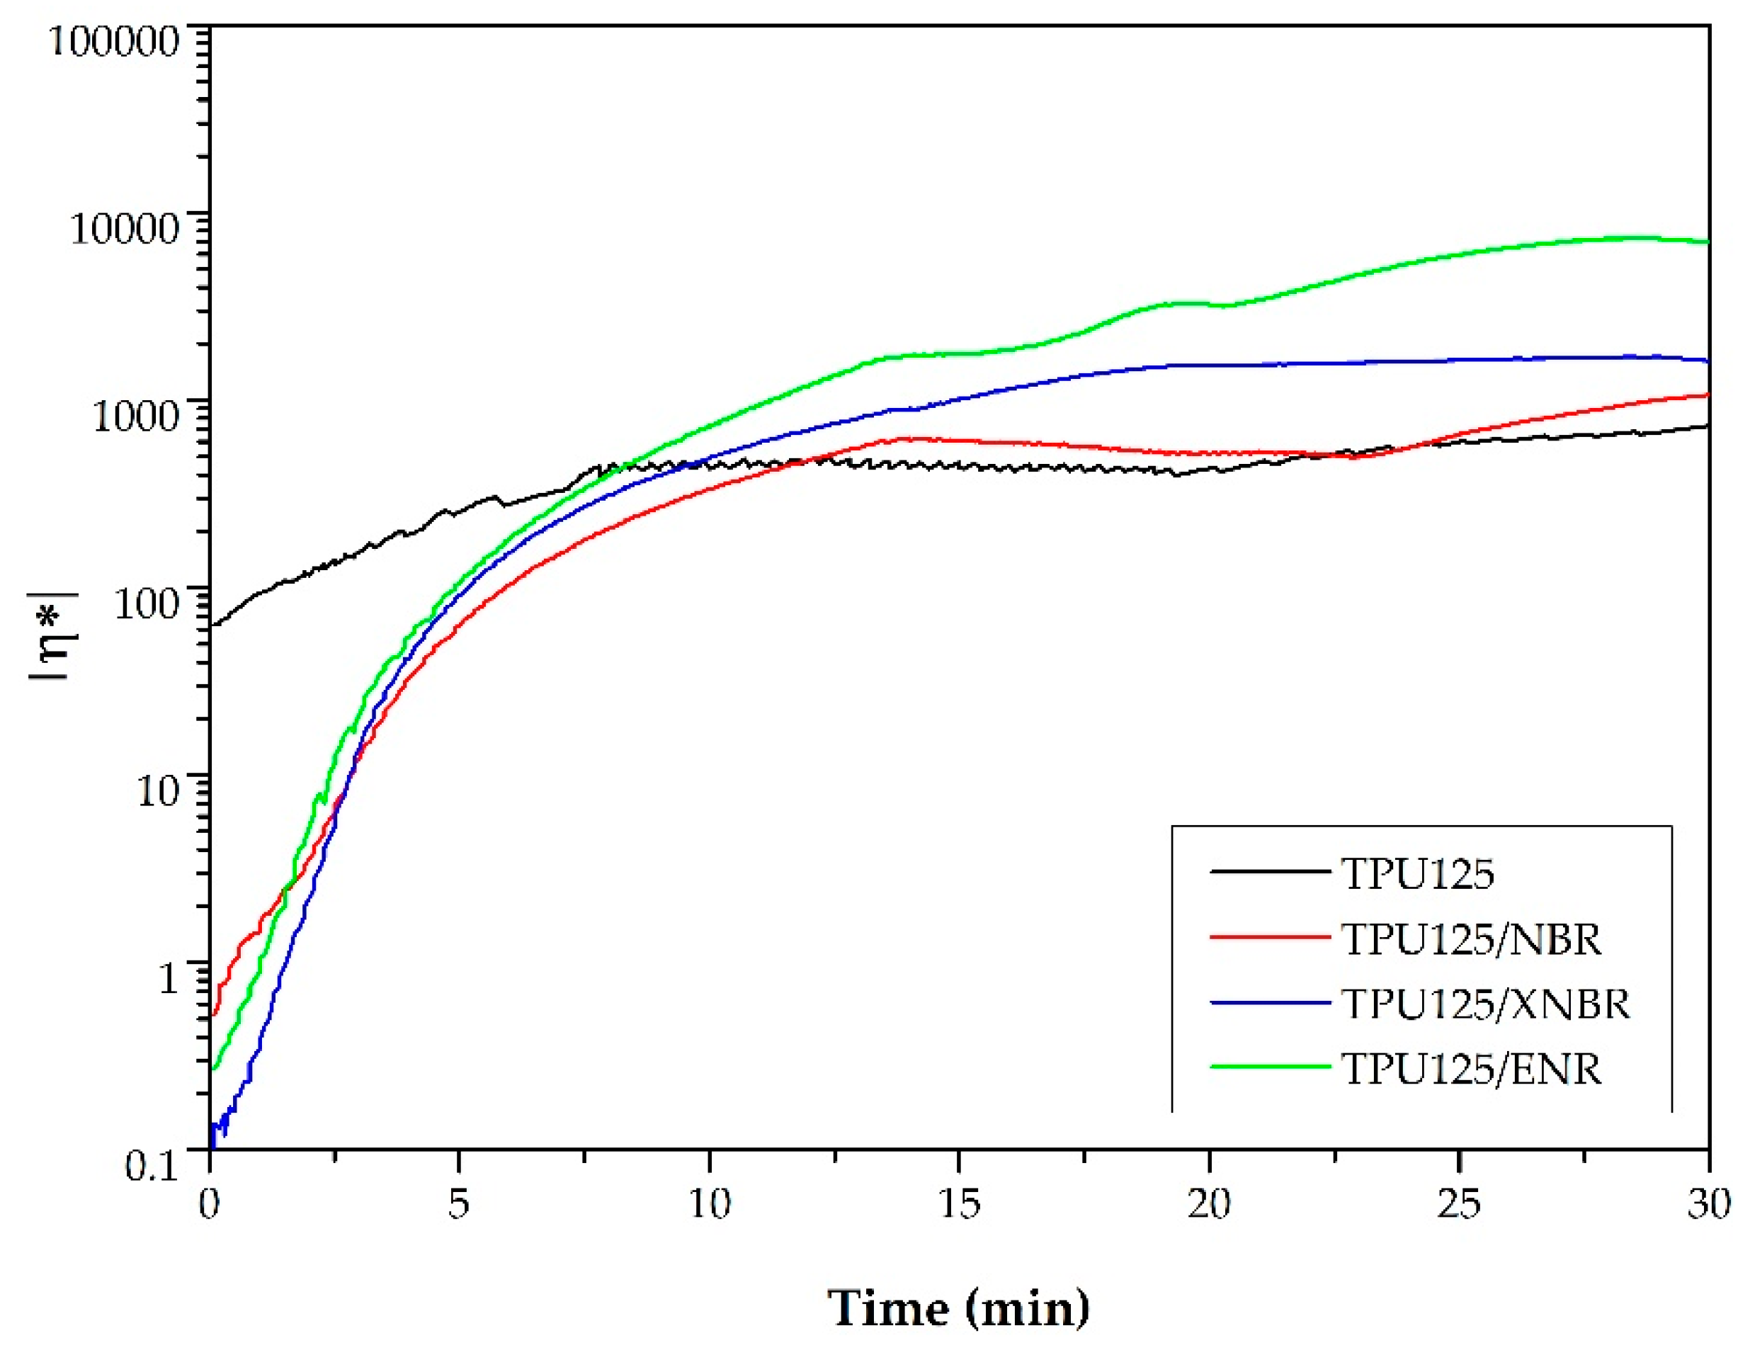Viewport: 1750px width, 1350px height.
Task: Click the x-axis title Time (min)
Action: [x=958, y=1308]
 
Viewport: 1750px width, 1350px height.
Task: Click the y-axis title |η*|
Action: [x=53, y=635]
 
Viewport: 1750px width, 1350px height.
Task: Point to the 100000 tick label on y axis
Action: [x=114, y=40]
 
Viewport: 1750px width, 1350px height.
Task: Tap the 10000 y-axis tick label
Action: [x=124, y=228]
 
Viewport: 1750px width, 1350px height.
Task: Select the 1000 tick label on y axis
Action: [x=135, y=416]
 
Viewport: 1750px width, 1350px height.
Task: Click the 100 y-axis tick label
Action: [x=146, y=603]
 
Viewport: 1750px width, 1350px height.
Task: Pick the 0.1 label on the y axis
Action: [x=152, y=1166]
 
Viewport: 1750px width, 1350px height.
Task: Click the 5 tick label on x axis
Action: [x=458, y=1203]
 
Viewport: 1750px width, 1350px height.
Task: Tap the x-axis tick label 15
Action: [x=958, y=1203]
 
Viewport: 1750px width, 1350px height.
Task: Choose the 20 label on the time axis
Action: [x=1208, y=1203]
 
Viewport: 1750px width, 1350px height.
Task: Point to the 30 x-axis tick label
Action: [x=1708, y=1203]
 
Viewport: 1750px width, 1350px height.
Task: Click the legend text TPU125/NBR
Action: [x=1471, y=940]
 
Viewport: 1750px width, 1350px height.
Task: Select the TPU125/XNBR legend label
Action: [x=1486, y=1004]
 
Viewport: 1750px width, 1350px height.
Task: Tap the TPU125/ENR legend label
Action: [x=1471, y=1070]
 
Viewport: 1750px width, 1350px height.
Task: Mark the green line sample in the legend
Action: [x=1270, y=1067]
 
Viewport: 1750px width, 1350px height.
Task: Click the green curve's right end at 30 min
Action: [x=1708, y=242]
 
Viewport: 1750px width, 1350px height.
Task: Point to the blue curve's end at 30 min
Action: [x=1708, y=361]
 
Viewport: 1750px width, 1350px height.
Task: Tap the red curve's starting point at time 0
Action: [x=213, y=1016]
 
